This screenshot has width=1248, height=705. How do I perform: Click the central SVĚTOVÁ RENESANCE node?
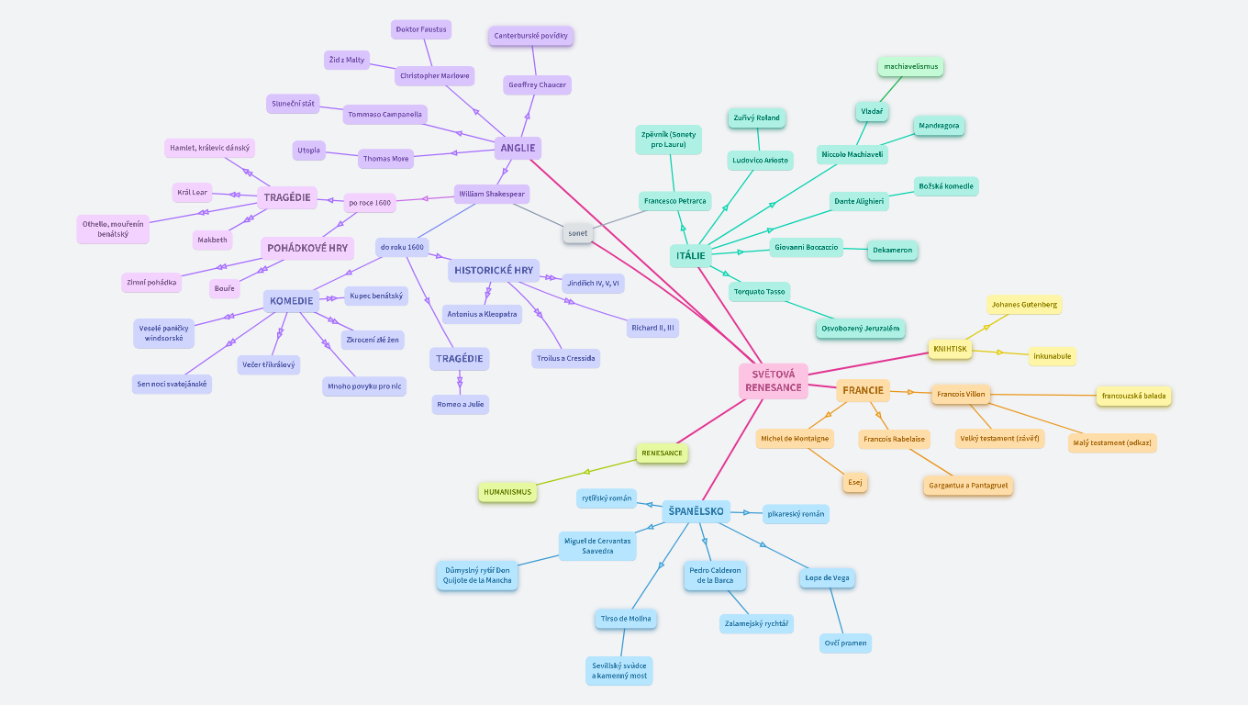tap(773, 381)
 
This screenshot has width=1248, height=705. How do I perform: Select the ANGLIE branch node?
tap(518, 148)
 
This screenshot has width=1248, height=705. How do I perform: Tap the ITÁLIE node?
tap(690, 255)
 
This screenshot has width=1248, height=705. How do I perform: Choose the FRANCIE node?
tap(863, 390)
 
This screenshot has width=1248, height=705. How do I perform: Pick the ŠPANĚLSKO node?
tap(696, 511)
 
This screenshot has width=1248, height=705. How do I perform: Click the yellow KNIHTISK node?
tap(950, 349)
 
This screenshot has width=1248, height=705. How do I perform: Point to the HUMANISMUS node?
tap(507, 492)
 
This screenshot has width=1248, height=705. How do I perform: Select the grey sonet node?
tap(577, 233)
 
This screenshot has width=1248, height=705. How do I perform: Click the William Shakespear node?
tap(492, 194)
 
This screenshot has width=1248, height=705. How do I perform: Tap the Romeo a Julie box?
tap(461, 404)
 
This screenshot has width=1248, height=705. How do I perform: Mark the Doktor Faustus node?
tap(421, 29)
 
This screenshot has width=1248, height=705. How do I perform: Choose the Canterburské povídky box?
tap(531, 36)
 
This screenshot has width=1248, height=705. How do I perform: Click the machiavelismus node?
tap(909, 66)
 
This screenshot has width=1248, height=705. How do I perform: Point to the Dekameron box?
tap(893, 249)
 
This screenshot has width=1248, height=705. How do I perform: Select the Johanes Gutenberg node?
tap(1024, 304)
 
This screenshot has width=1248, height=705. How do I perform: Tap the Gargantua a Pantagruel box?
tap(968, 485)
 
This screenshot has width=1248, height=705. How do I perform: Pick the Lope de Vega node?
tap(828, 577)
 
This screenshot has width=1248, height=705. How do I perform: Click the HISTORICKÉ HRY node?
tap(494, 271)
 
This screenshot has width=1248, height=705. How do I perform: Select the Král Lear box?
tap(193, 192)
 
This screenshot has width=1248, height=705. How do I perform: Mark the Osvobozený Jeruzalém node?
tap(860, 328)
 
